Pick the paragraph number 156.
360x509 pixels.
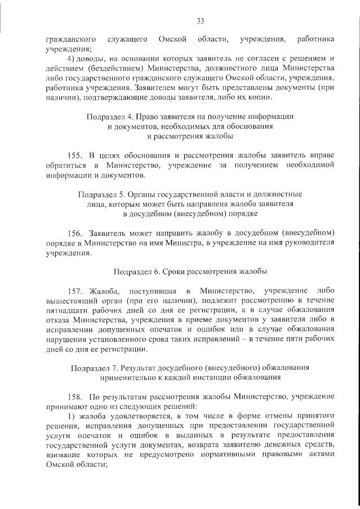pos(75,233)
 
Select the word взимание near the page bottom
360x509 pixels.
pos(64,456)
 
